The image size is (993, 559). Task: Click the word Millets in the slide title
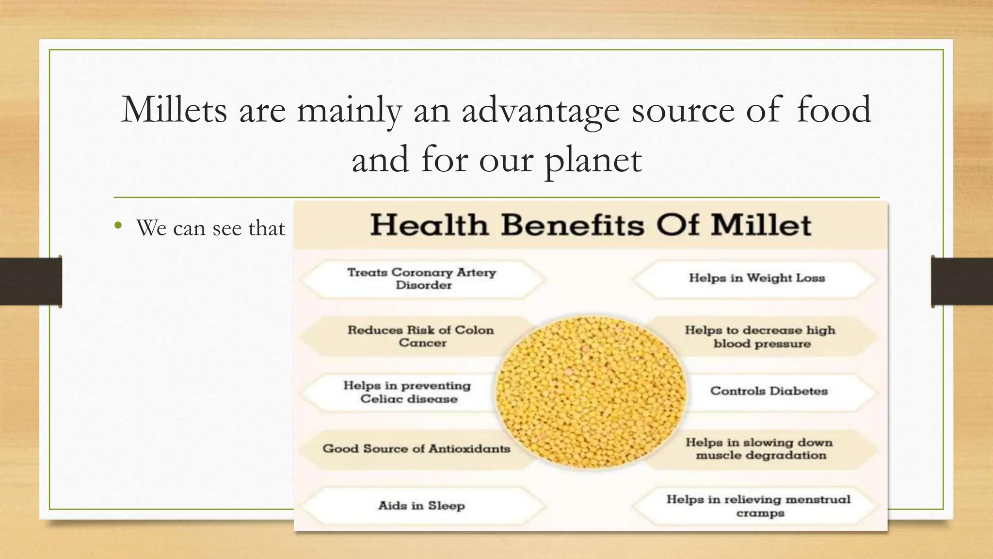[174, 110]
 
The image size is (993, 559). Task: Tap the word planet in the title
[593, 160]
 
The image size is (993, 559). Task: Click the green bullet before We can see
[118, 225]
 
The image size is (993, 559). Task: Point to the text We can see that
[210, 228]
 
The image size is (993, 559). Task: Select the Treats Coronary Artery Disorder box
[422, 279]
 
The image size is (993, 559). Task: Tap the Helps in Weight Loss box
[756, 279]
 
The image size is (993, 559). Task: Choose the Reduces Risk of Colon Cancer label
[421, 336]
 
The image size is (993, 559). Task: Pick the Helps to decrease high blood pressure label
[760, 337]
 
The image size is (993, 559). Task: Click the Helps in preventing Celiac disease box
[407, 392]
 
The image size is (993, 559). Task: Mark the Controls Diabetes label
[769, 391]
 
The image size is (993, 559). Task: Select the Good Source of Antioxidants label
[416, 449]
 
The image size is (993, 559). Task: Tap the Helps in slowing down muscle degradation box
[759, 449]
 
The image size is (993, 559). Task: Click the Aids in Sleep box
[421, 506]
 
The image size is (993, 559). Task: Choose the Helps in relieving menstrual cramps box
[758, 506]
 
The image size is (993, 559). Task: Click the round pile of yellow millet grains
[591, 392]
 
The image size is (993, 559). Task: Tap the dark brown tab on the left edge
[31, 281]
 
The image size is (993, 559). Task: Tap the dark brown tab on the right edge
[962, 281]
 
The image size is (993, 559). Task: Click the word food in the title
[833, 110]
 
